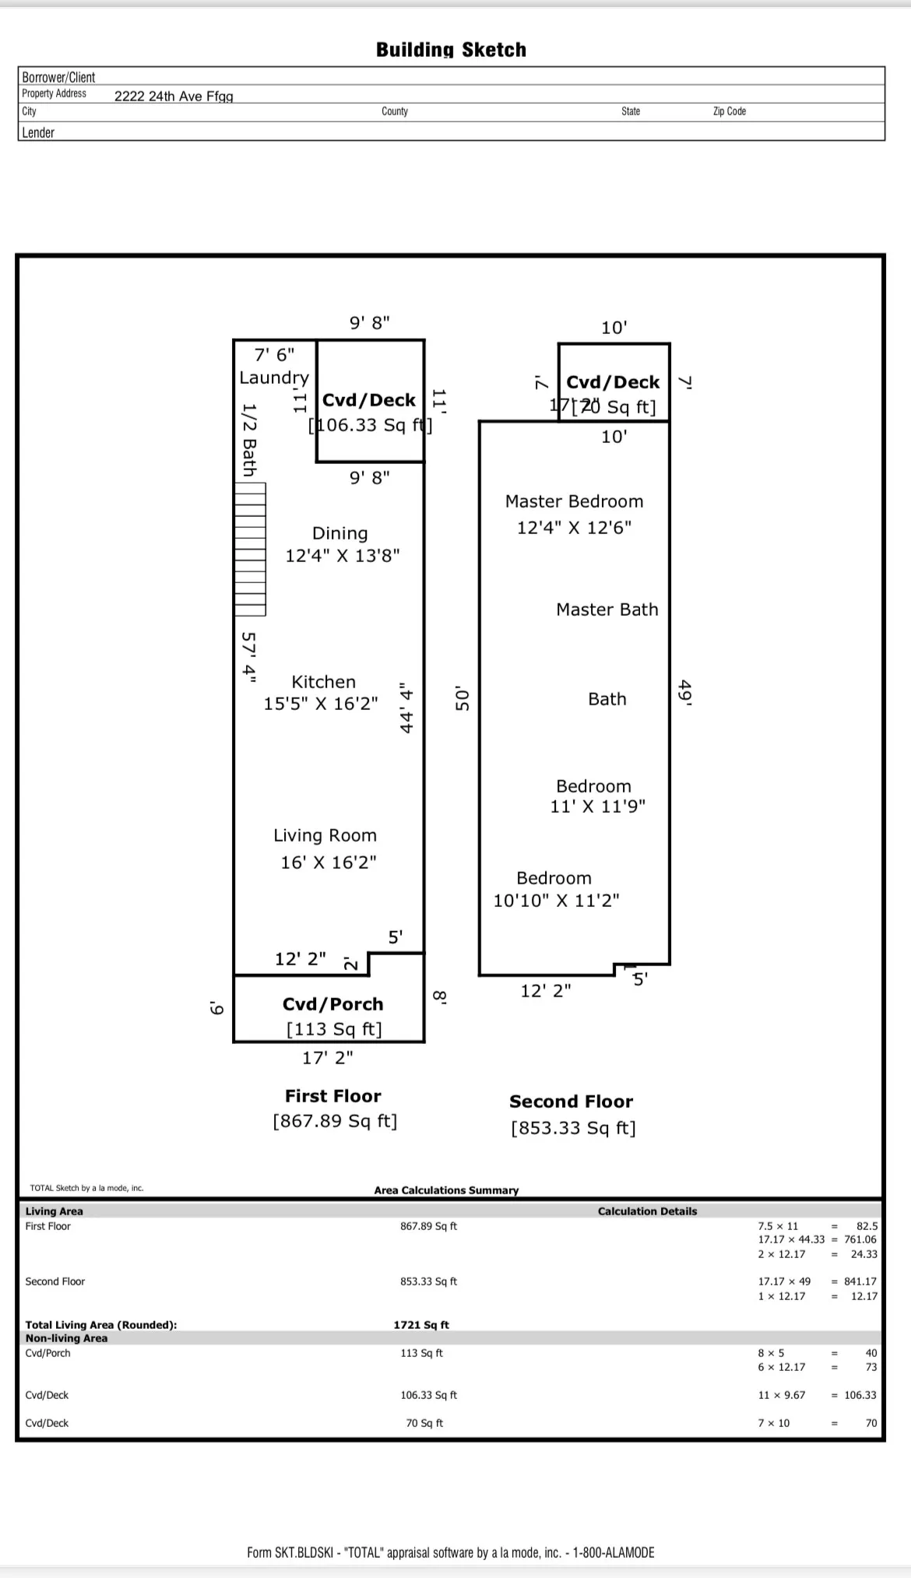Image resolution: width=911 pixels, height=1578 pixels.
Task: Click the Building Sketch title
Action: (451, 50)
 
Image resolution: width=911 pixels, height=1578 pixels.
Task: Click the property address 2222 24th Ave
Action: (174, 97)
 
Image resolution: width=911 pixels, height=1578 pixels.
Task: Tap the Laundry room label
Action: (274, 378)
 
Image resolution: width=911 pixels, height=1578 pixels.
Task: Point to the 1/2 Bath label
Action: (249, 439)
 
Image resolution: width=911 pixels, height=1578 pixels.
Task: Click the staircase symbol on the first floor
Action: (251, 550)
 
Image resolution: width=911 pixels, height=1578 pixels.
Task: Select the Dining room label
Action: (339, 533)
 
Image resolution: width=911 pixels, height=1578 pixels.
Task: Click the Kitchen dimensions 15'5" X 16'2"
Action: (321, 704)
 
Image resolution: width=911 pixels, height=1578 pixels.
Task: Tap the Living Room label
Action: (325, 835)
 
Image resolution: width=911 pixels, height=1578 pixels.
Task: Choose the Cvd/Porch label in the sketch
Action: (333, 1004)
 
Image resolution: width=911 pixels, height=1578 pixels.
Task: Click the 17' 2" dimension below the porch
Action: (328, 1057)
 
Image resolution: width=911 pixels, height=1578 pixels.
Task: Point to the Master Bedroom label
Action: (575, 501)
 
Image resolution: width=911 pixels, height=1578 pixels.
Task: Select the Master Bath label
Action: (607, 610)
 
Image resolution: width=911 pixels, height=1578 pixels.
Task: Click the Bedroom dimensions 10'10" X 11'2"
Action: (557, 901)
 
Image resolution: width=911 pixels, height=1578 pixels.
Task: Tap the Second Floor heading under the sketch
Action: (572, 1102)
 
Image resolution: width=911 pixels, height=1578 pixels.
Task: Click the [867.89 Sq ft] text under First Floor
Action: (335, 1121)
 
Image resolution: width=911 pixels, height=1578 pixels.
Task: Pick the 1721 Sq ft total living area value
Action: (421, 1325)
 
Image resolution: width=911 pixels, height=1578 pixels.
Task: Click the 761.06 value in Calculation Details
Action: (860, 1239)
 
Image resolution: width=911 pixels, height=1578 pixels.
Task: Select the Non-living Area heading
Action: (67, 1338)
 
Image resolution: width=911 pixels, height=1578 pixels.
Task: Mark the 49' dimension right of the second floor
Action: (685, 692)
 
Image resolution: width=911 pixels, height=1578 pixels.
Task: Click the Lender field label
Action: (38, 132)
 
